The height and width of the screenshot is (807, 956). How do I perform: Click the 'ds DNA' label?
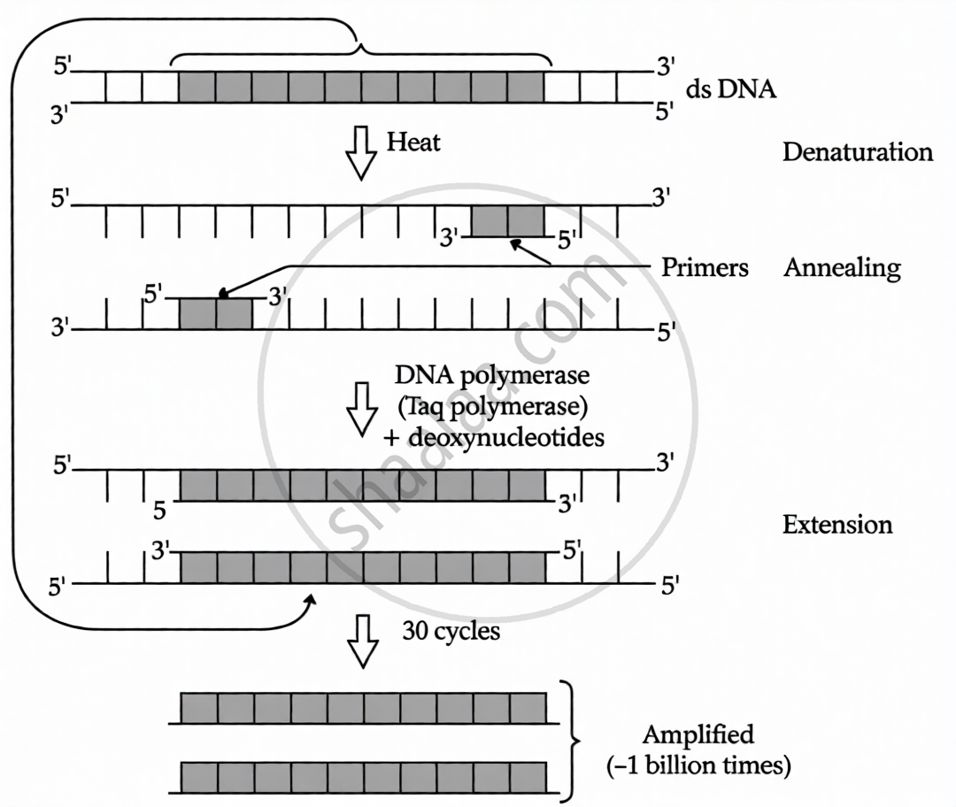click(731, 90)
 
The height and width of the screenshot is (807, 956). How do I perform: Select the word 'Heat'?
click(413, 142)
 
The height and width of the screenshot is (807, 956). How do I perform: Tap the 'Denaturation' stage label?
click(857, 151)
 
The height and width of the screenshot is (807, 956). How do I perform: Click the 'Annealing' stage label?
click(841, 267)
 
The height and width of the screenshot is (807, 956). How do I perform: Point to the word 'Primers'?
click(705, 267)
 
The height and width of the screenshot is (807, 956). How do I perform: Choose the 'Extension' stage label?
click(837, 525)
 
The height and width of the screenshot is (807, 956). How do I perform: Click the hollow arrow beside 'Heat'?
click(360, 152)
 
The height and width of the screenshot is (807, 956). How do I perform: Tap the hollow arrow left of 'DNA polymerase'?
click(360, 409)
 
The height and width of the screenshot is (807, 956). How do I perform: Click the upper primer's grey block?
click(507, 220)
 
